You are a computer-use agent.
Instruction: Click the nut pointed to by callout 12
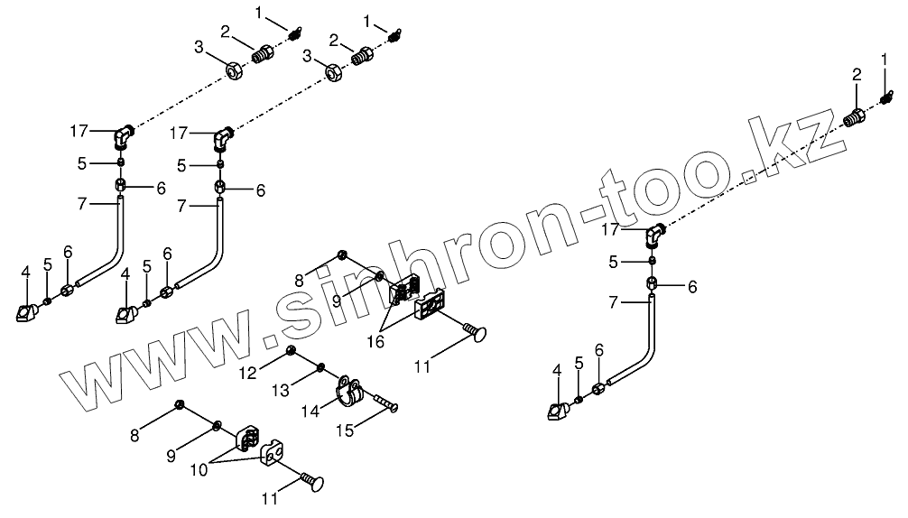coord(292,350)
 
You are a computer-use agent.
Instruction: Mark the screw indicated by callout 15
coord(386,402)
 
